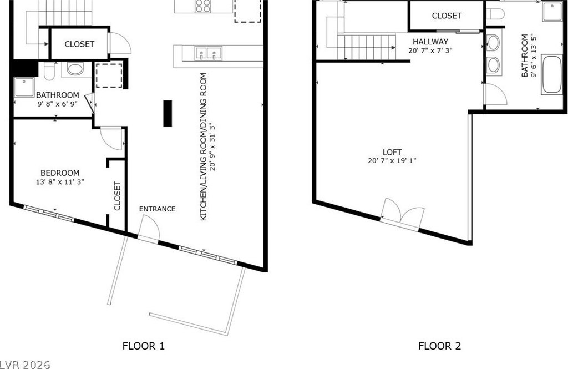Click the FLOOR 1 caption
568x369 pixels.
(144, 346)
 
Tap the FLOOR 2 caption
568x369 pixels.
(439, 346)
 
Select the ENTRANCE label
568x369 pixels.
(157, 209)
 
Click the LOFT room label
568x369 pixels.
(392, 152)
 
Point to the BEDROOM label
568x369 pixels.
(60, 173)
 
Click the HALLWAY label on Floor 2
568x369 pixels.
(430, 41)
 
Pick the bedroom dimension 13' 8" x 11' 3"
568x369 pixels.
(60, 182)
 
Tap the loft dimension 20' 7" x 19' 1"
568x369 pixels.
(392, 160)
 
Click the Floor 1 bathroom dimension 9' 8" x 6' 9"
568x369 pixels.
(57, 104)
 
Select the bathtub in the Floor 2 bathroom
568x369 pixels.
(552, 74)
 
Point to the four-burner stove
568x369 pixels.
(203, 6)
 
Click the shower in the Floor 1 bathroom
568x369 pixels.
(24, 87)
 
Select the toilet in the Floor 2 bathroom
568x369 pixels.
(495, 14)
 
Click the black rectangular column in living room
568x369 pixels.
(168, 113)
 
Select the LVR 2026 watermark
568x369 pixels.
(25, 365)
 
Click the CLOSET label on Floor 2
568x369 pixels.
(447, 16)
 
